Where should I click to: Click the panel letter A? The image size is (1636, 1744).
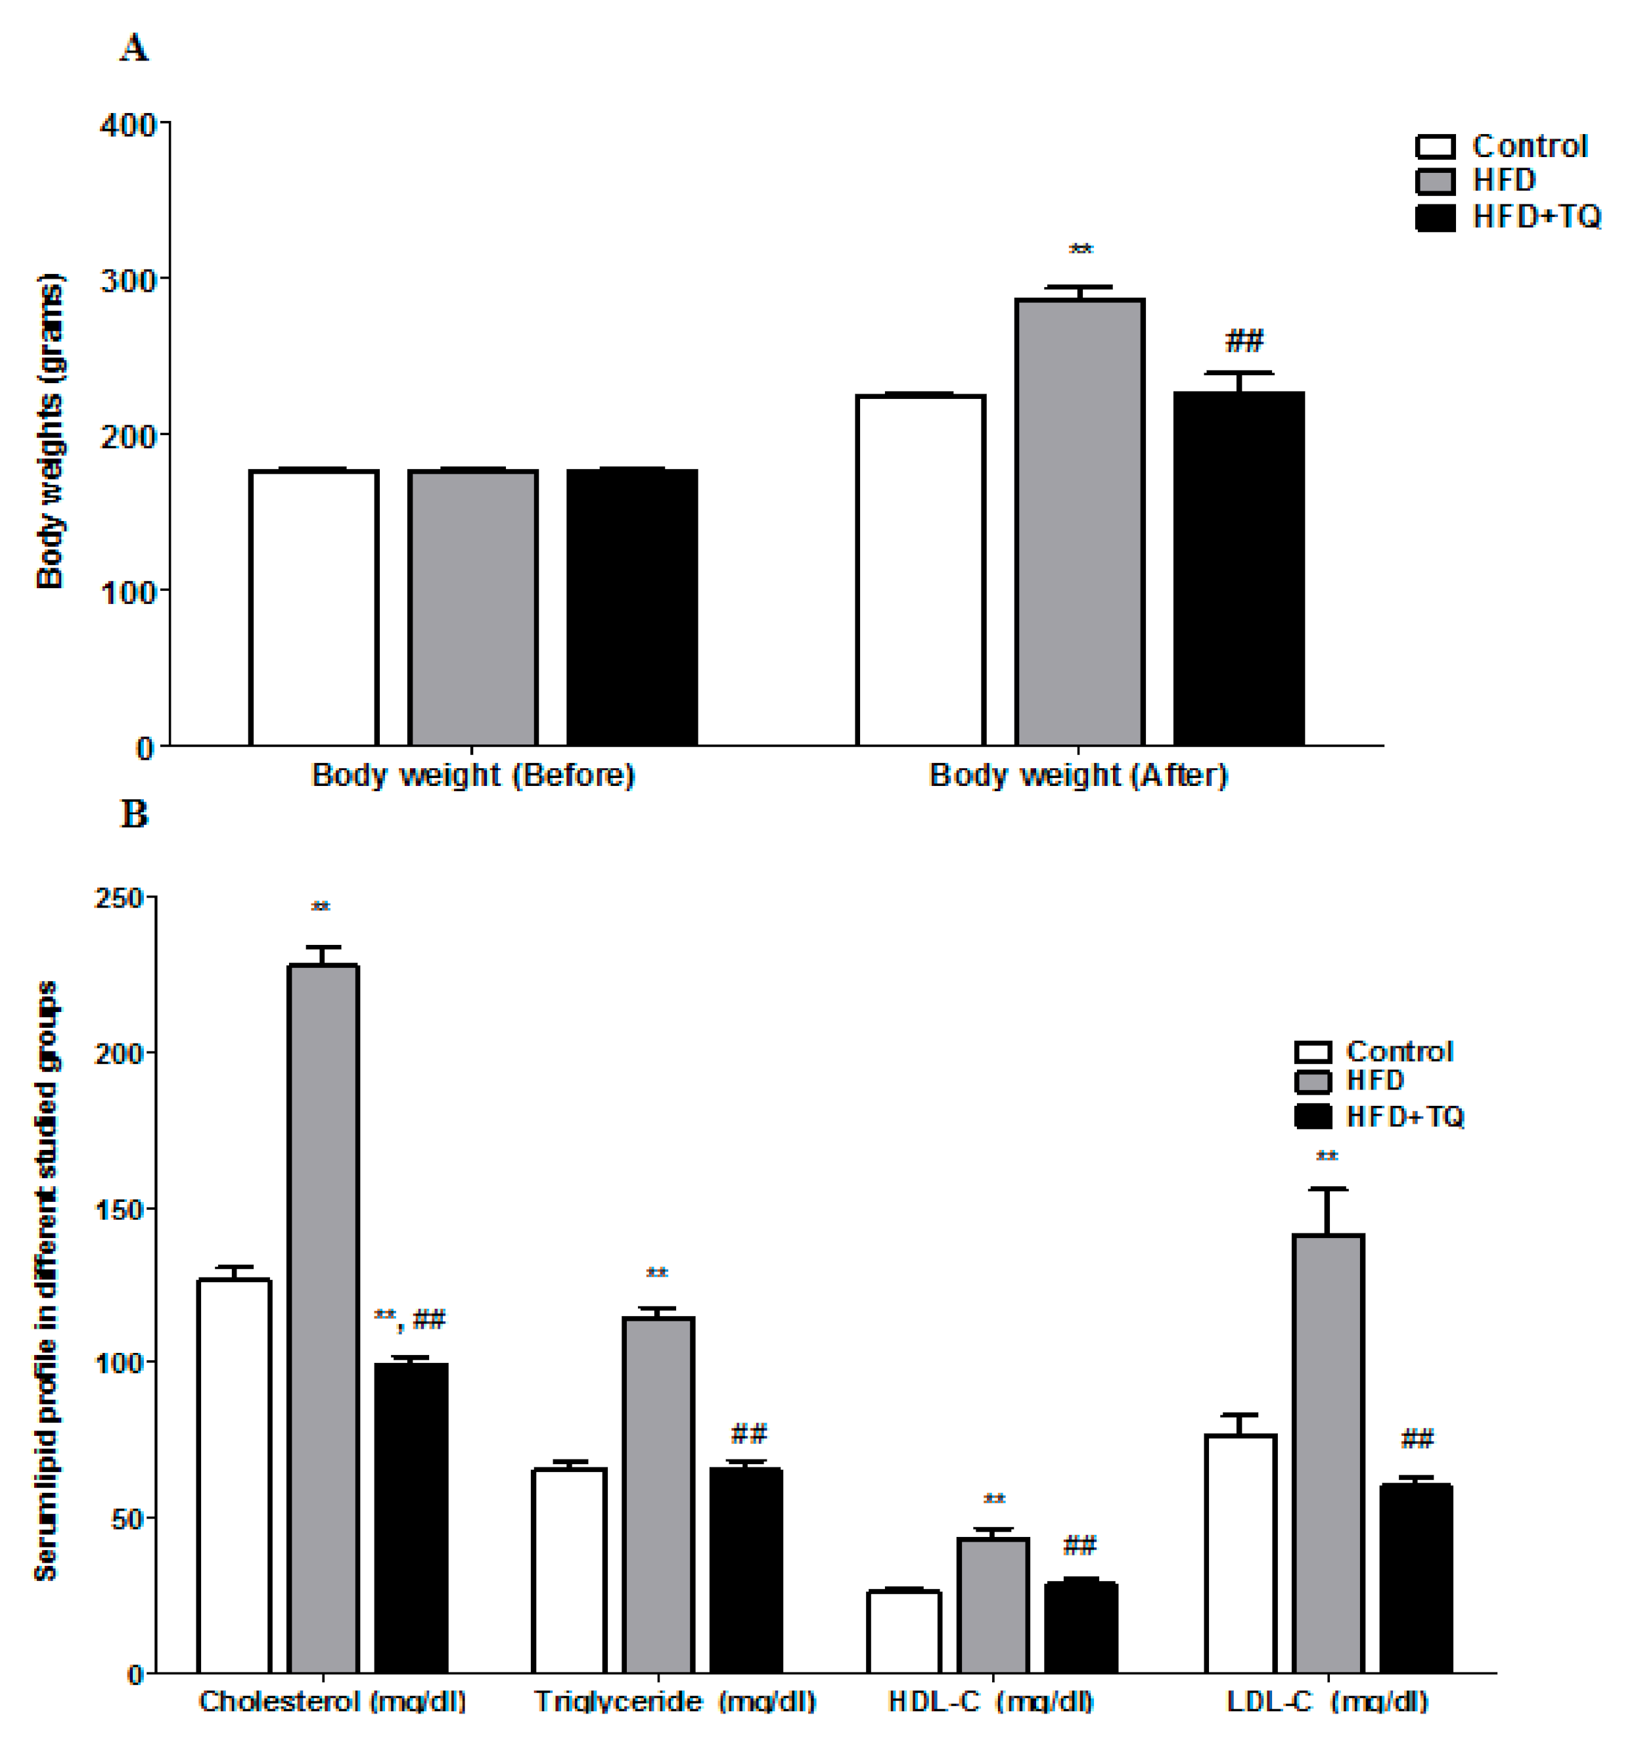point(134,47)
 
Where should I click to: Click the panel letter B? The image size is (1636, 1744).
point(134,814)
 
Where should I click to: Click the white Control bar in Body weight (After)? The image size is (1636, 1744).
point(920,570)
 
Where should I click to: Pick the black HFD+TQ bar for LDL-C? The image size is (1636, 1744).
point(1416,1578)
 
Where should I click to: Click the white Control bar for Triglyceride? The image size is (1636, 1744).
point(569,1571)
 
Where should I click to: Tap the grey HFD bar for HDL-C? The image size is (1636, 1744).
point(993,1605)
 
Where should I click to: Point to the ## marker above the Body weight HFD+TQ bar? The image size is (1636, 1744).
point(1244,340)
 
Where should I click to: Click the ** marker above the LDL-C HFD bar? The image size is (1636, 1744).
point(1327,1157)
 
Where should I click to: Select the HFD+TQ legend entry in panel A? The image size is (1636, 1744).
point(1509,217)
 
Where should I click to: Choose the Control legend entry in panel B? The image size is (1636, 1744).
point(1375,1051)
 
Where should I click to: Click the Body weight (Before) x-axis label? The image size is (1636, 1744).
point(473,775)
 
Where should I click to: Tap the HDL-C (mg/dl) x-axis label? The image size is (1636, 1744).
point(991,1702)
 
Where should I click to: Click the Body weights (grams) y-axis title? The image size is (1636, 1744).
point(50,430)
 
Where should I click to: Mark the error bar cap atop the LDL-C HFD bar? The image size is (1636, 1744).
point(1328,1189)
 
